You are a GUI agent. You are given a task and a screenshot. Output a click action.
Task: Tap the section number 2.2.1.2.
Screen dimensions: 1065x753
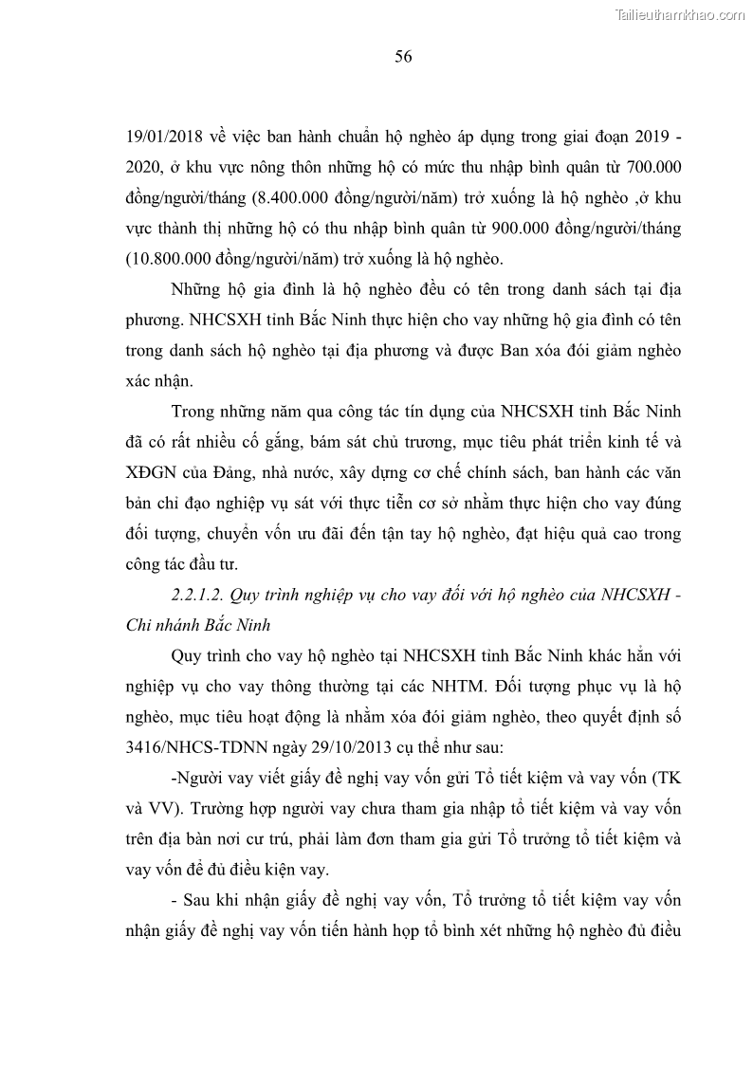click(196, 595)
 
